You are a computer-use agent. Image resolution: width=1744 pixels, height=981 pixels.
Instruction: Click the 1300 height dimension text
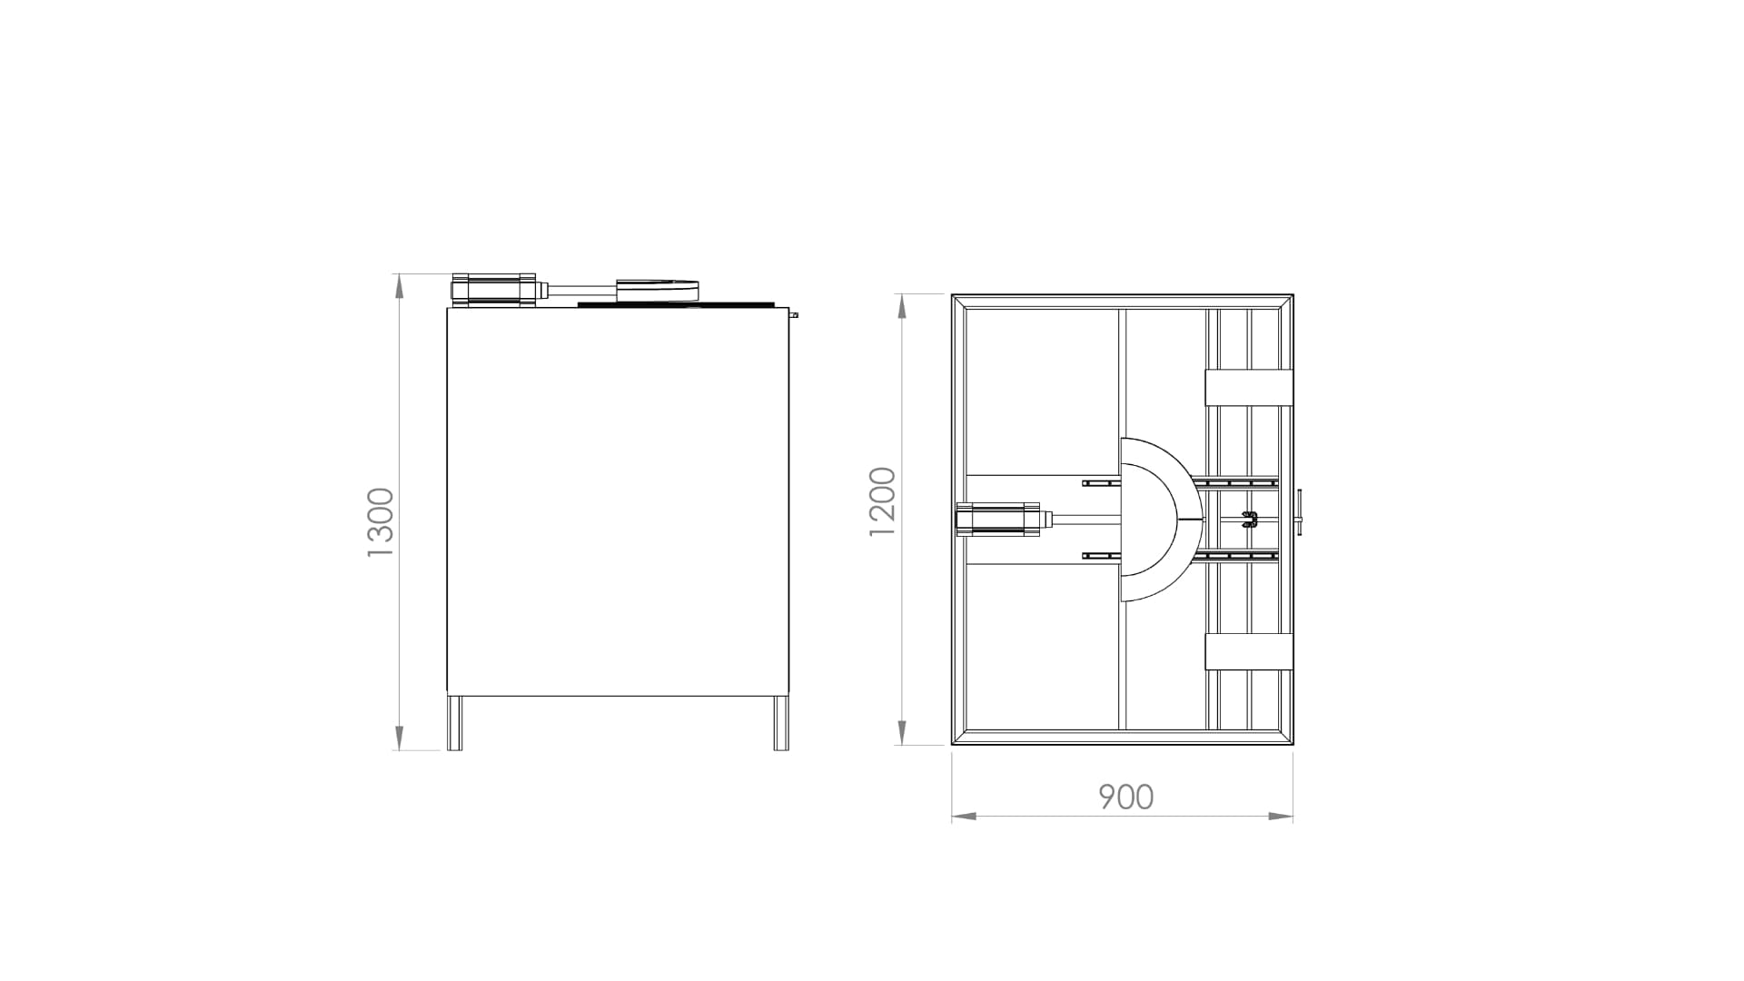pos(381,522)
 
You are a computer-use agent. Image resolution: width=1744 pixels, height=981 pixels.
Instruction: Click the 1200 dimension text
pos(882,501)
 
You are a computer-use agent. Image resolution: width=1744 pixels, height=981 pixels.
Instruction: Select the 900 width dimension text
pos(1126,797)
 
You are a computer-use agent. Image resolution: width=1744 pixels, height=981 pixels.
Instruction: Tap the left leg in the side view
pos(454,723)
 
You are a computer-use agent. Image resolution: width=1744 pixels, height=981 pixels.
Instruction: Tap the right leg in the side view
pos(781,723)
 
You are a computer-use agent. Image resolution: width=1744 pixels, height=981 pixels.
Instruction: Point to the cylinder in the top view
pos(998,520)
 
